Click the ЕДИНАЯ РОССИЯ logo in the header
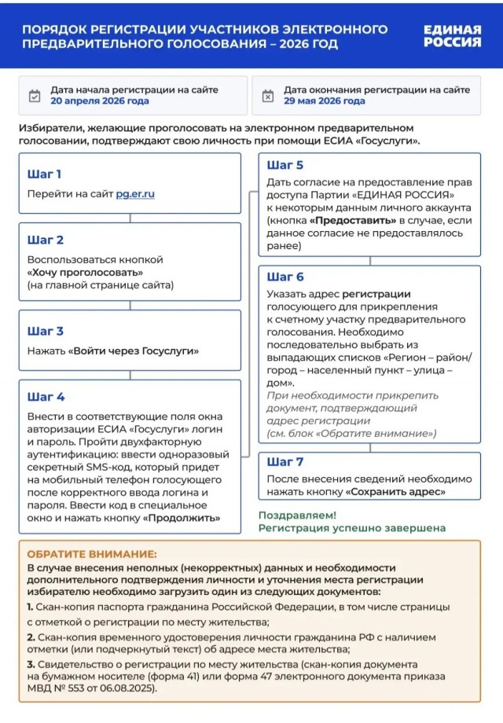452,35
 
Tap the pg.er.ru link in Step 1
135,193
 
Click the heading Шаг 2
46,240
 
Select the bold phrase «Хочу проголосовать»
85,272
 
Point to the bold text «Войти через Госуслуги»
133,351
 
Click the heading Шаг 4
46,397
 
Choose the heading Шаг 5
285,165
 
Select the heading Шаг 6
285,277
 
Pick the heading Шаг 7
285,461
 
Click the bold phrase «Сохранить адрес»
395,491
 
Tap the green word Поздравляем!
297,515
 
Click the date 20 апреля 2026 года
99,101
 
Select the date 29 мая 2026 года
324,101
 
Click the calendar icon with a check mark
34,96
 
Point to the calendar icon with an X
267,96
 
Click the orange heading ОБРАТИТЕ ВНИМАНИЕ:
92,554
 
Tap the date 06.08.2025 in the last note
127,688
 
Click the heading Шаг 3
46,331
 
